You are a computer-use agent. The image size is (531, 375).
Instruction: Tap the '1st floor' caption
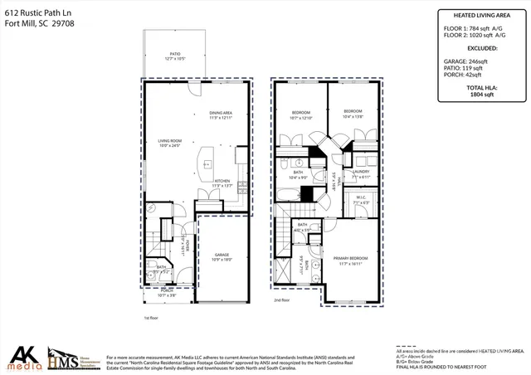click(152, 318)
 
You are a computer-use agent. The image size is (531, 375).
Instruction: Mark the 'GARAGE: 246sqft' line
click(471, 61)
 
